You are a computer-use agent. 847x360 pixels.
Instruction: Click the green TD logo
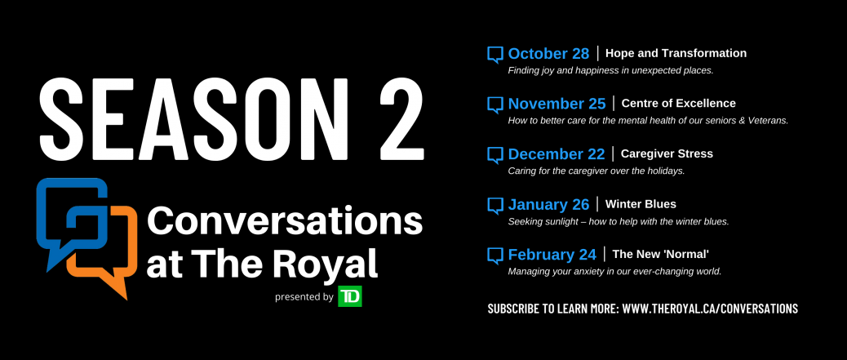coord(349,296)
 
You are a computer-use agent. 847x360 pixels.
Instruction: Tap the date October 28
coord(548,54)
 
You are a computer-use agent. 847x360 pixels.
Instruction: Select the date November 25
coord(557,103)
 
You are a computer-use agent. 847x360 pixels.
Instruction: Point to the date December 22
coord(557,154)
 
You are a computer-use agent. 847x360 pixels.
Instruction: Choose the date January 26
coord(548,204)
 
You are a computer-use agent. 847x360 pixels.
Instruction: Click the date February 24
coord(552,255)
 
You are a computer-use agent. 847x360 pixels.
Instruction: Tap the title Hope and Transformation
coord(676,54)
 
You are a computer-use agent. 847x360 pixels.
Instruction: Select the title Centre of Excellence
coord(678,103)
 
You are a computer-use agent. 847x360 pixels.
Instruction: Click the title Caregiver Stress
coord(667,154)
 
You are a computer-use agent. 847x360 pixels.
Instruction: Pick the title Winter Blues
coord(641,204)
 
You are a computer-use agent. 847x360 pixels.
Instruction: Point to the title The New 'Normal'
coord(660,255)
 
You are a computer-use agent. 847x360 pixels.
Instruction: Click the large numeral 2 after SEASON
coord(401,119)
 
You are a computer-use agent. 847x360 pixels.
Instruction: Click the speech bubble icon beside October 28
coord(494,55)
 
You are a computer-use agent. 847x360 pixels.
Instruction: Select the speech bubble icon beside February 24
coord(494,256)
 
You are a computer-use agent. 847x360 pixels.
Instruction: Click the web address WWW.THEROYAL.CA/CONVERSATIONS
coord(710,309)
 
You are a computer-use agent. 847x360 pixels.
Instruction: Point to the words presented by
coord(304,297)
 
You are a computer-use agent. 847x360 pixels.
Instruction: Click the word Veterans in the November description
coord(768,121)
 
